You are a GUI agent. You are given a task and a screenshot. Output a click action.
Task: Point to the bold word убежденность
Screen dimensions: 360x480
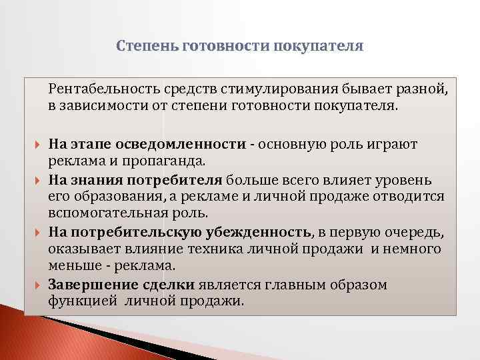[261, 232]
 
